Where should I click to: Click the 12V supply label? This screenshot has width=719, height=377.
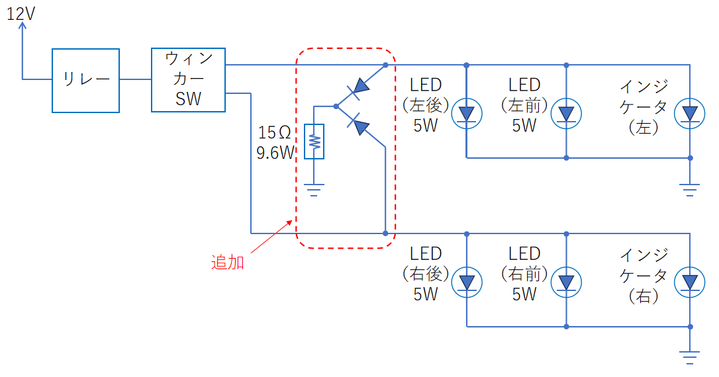[21, 14]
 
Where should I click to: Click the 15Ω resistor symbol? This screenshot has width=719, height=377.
[314, 142]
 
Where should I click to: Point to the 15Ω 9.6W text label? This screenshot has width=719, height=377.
[275, 142]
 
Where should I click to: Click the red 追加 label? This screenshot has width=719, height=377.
[228, 263]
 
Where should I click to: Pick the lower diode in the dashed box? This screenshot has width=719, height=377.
[359, 124]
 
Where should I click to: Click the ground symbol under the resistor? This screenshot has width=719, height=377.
[314, 190]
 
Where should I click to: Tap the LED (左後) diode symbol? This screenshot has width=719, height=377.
[467, 114]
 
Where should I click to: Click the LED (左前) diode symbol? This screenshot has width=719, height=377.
[566, 114]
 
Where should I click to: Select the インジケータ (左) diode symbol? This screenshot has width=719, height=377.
[690, 114]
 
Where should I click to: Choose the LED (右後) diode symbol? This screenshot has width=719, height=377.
[467, 282]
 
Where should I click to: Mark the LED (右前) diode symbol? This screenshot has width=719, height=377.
[566, 282]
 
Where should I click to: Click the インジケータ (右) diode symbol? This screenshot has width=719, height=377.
[690, 282]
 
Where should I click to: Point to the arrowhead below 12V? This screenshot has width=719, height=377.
[22, 26]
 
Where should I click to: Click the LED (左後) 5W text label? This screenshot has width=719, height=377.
[426, 105]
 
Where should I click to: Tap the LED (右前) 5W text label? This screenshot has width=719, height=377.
[524, 273]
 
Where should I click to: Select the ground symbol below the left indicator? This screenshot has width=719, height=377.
[690, 190]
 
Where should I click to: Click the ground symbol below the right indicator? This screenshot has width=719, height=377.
[690, 358]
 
